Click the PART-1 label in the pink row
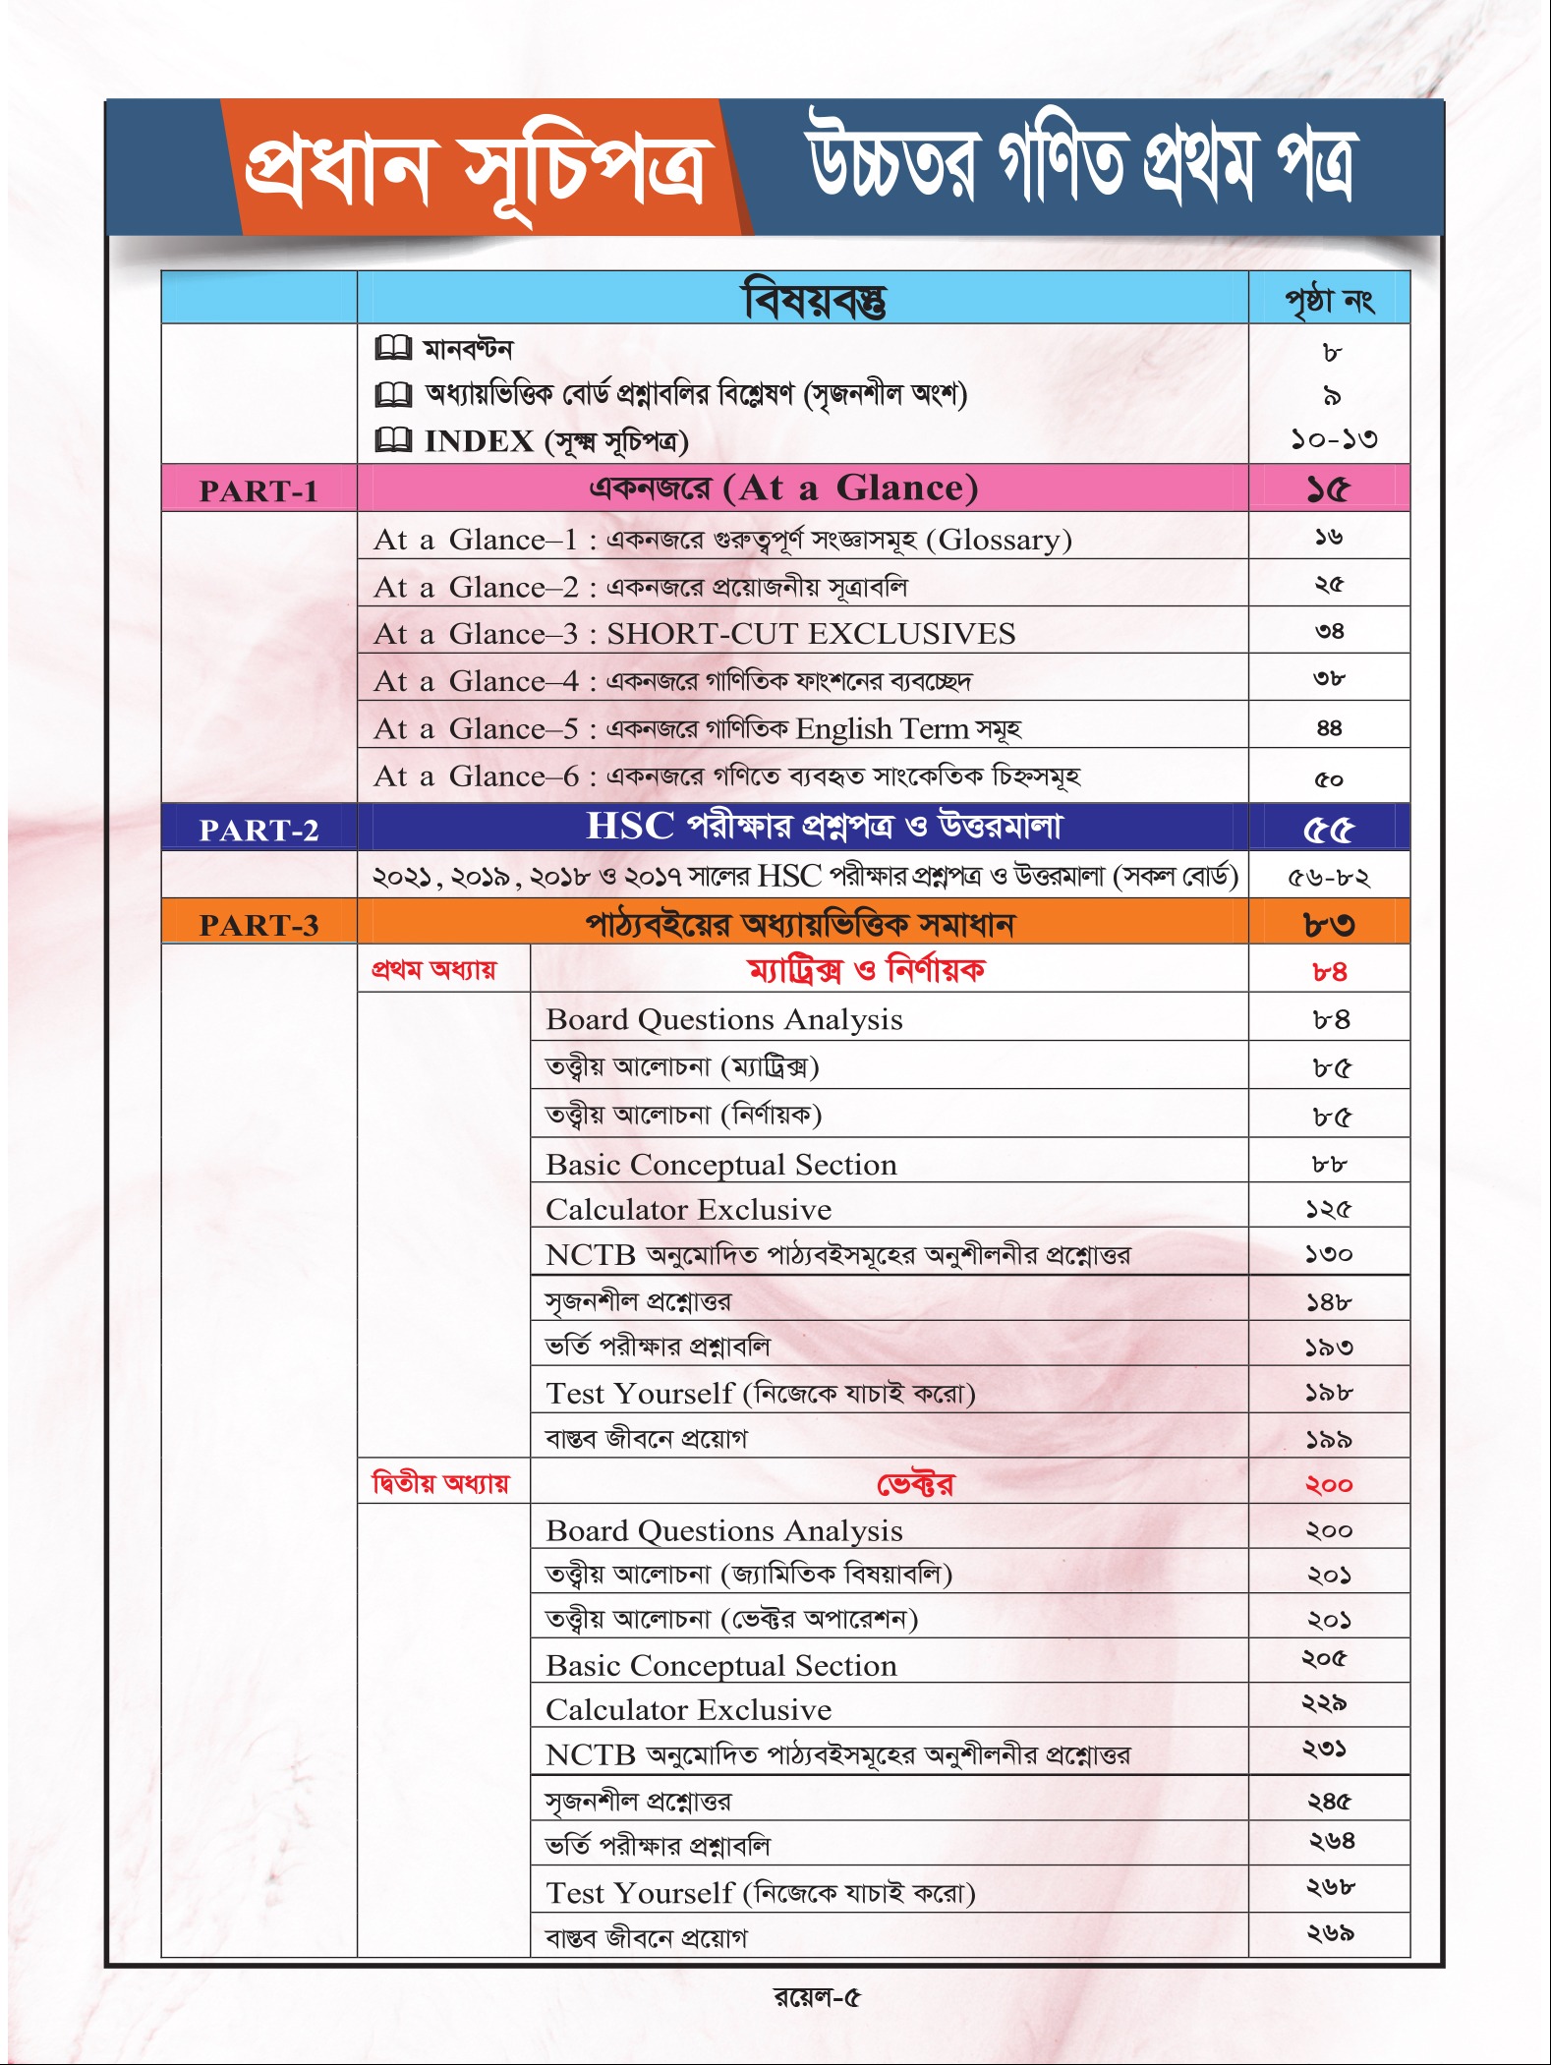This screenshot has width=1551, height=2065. tap(258, 490)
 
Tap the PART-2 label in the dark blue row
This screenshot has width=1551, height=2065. tap(258, 830)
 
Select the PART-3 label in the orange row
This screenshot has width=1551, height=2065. tap(258, 925)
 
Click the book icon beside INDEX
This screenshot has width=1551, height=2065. tap(393, 440)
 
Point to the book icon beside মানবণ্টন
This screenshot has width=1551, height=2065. tap(393, 348)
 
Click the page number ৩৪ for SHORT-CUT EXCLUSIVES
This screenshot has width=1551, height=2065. tap(1329, 631)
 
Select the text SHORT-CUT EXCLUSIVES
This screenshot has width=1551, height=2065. tap(811, 634)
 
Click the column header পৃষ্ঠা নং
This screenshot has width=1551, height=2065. tap(1329, 300)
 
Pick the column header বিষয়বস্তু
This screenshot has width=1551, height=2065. tap(815, 300)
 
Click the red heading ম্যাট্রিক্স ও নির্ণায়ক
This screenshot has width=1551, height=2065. tap(866, 971)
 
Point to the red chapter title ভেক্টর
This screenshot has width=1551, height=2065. tap(915, 1484)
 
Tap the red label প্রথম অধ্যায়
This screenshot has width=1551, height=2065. tap(433, 970)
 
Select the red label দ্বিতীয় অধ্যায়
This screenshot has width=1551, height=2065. tap(440, 1483)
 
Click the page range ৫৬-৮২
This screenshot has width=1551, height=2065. tap(1329, 877)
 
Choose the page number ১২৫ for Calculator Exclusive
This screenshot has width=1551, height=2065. tap(1329, 1209)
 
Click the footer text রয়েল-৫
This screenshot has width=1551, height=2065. tap(817, 1997)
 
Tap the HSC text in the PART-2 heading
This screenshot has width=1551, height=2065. tap(630, 827)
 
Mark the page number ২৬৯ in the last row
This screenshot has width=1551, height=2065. tap(1330, 1933)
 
